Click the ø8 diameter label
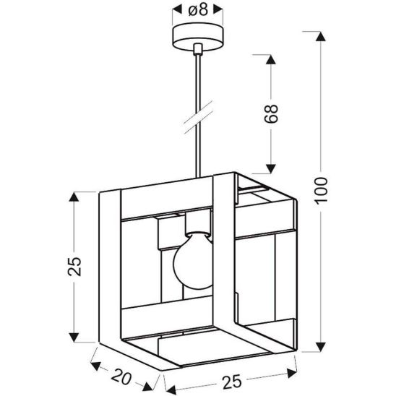(x=197, y=10)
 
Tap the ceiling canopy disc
(x=197, y=35)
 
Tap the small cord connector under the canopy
(x=197, y=48)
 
